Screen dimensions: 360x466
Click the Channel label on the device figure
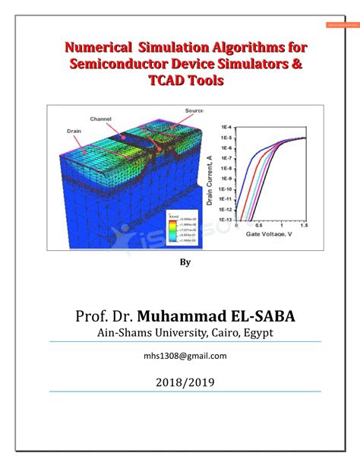click(101, 119)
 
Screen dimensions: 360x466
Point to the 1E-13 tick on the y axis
click(226, 219)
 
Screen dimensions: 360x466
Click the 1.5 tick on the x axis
click(304, 226)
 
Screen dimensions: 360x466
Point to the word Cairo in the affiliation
click(226, 333)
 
